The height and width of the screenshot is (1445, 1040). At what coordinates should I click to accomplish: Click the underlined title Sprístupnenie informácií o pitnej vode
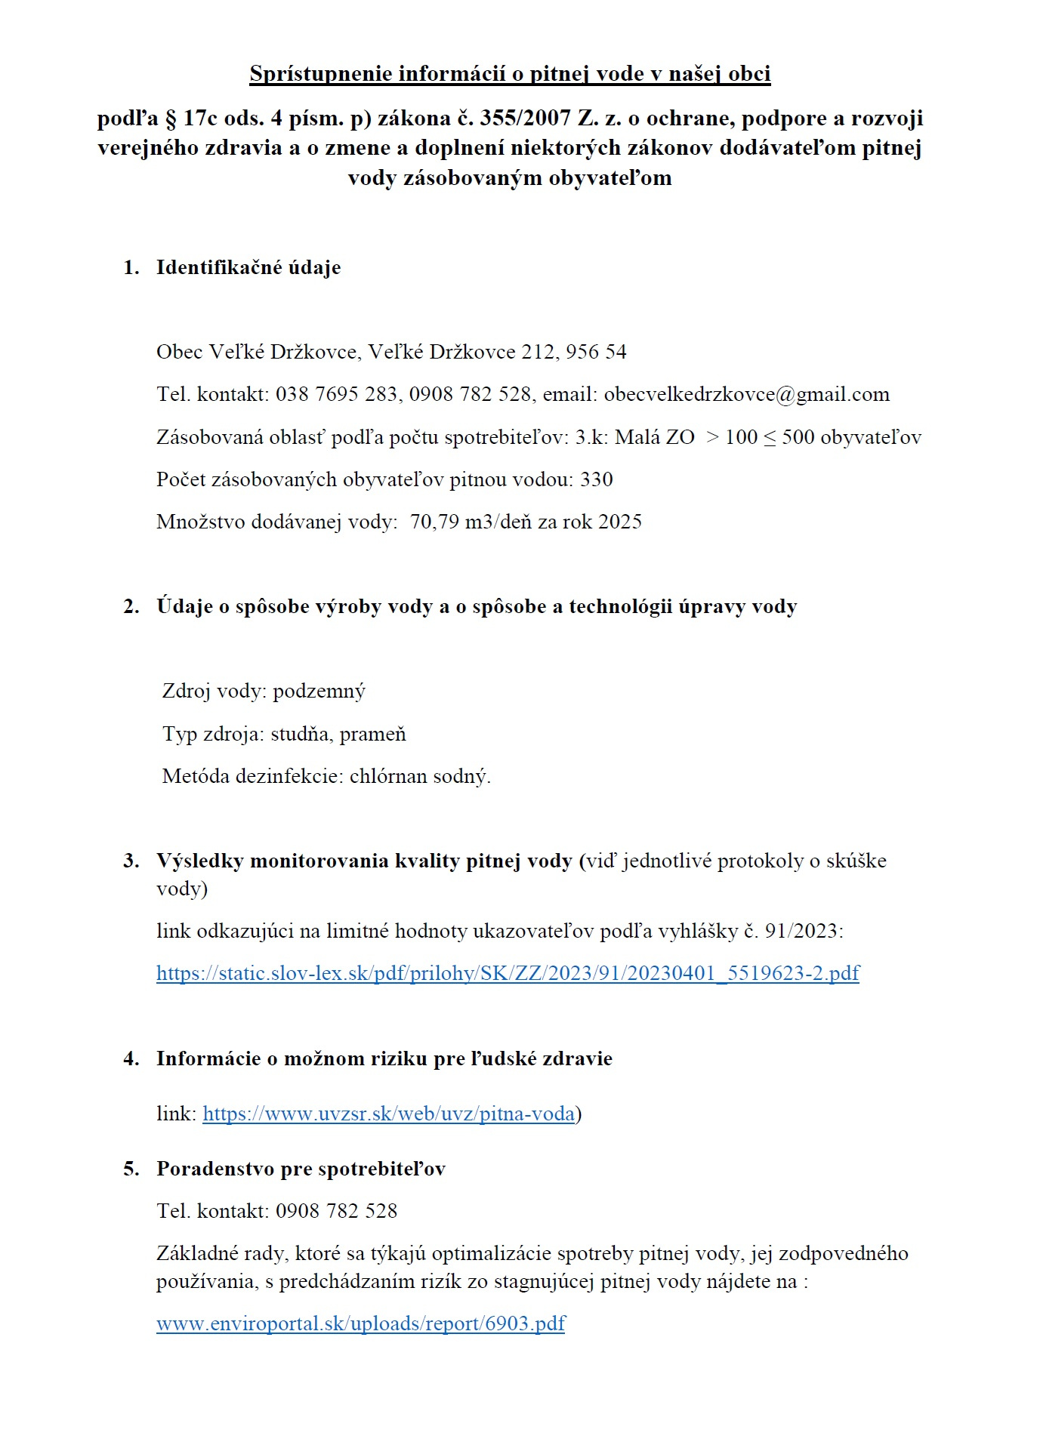coord(510,74)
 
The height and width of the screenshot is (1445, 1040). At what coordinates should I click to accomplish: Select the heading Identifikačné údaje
coord(248,267)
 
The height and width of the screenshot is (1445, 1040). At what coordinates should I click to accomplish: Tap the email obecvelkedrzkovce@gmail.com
coord(746,394)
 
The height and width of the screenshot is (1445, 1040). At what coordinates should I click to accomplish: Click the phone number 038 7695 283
coord(338,394)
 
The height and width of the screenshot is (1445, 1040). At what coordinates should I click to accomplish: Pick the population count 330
coord(596,479)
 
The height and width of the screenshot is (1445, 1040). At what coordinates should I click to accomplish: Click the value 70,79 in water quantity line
coord(434,522)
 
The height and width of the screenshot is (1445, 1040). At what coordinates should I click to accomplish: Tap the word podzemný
coord(319,692)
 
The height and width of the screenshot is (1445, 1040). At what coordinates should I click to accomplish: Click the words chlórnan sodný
coord(419,776)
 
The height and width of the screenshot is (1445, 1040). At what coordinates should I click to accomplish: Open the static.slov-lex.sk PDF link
coord(508,973)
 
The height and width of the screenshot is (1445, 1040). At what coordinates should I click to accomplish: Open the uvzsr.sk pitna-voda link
coord(388,1114)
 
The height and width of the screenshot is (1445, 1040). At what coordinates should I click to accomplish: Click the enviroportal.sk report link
coord(360,1323)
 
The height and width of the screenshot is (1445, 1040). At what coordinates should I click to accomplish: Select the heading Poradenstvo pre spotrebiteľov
coord(301,1169)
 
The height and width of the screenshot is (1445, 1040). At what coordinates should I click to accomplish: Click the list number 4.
coord(131,1058)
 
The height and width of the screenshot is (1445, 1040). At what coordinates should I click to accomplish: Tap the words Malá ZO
coord(654,437)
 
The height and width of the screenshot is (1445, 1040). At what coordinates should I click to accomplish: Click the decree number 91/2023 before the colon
coord(801,931)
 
